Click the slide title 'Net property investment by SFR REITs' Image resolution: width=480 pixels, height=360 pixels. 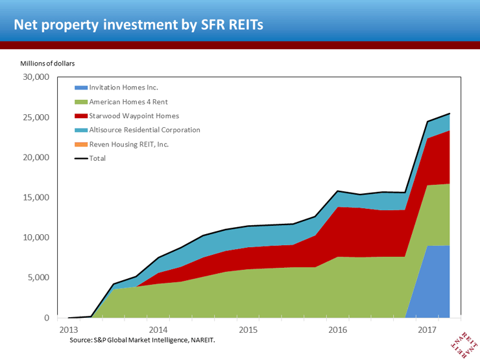click(x=139, y=25)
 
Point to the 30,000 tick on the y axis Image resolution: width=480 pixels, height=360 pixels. click(x=36, y=77)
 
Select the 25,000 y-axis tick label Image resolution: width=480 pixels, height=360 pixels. click(x=36, y=117)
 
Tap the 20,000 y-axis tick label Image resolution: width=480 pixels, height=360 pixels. click(x=36, y=158)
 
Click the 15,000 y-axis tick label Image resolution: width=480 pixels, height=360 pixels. click(x=36, y=197)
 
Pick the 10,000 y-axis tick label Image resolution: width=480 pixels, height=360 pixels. click(x=36, y=237)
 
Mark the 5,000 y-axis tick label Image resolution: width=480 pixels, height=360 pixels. click(x=39, y=278)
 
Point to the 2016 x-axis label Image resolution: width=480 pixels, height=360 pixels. click(x=337, y=330)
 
